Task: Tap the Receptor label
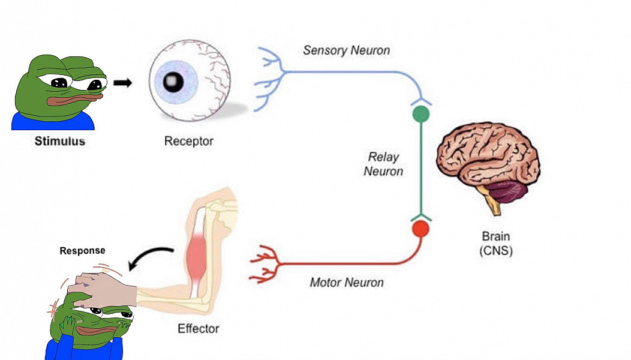click(189, 142)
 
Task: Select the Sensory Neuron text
click(346, 50)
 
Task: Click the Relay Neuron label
click(384, 164)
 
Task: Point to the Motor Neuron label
click(347, 282)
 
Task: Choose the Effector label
click(198, 329)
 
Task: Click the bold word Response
click(82, 251)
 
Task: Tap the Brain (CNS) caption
click(496, 244)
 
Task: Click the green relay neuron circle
click(421, 113)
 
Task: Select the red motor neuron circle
click(421, 229)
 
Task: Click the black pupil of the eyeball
click(174, 80)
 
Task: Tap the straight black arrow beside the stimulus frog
click(122, 83)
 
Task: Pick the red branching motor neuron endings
click(265, 264)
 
